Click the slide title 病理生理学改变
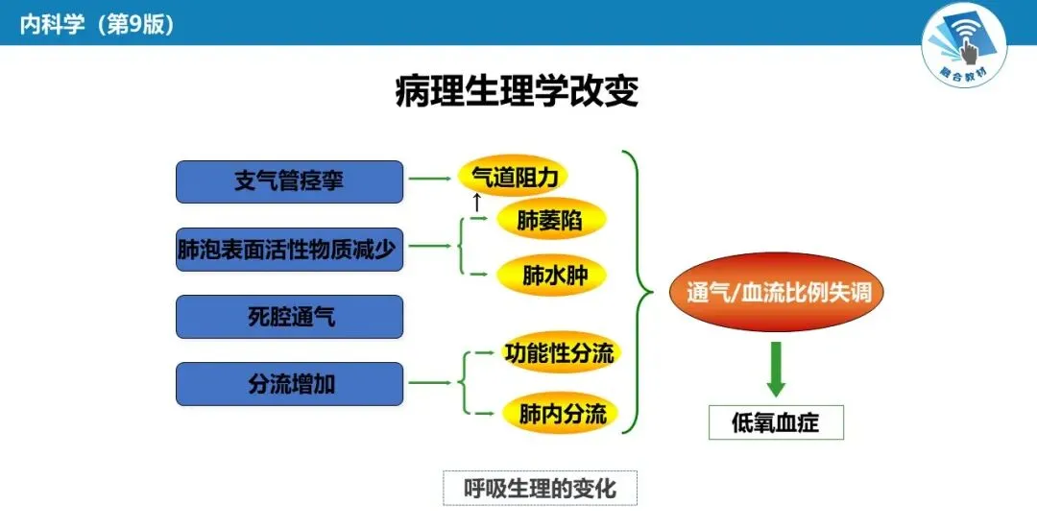click(x=518, y=92)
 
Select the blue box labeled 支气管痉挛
click(x=289, y=181)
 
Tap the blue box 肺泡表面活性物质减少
click(x=289, y=249)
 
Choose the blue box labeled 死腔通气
click(x=289, y=317)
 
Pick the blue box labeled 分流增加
click(x=289, y=384)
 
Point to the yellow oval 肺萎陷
click(x=550, y=220)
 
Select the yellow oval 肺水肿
click(x=550, y=276)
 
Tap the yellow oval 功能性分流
click(x=558, y=353)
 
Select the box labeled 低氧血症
click(x=776, y=422)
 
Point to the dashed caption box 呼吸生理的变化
click(x=540, y=488)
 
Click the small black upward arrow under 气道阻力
click(x=476, y=203)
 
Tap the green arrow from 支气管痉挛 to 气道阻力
click(x=430, y=178)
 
